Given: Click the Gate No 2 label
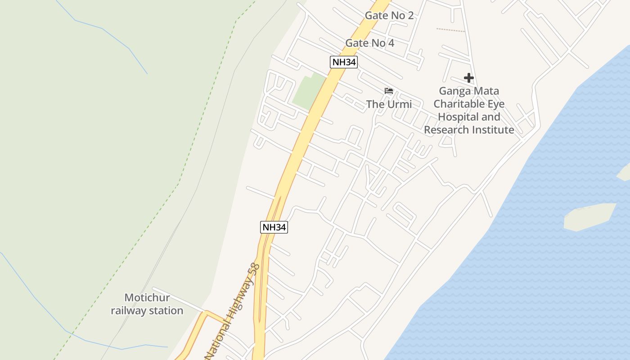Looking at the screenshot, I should [x=389, y=15].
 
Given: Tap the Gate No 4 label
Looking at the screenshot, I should [x=369, y=43].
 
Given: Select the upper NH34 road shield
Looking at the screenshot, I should [x=344, y=62].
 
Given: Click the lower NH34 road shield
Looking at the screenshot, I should [x=274, y=227].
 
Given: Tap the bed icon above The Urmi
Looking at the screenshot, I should [x=389, y=91].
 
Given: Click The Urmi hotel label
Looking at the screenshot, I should [x=389, y=104].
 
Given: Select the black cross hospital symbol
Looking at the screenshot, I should [x=469, y=78].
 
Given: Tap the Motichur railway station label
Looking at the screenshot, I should [x=147, y=304].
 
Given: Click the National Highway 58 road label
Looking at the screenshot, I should [x=233, y=310].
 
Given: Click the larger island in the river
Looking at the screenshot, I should [x=589, y=216].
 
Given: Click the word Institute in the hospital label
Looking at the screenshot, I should [x=492, y=130].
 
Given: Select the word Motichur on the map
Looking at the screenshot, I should [x=147, y=298].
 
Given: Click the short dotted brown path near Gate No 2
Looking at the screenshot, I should [x=450, y=30].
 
